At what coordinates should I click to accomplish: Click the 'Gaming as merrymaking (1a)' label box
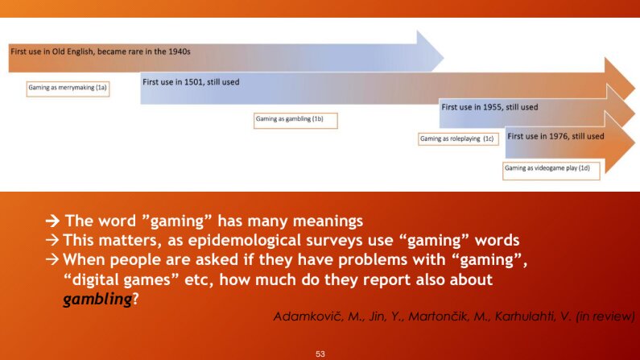(68, 89)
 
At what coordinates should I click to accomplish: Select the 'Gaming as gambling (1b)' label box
(295, 121)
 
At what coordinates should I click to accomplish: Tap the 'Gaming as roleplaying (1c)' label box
(458, 139)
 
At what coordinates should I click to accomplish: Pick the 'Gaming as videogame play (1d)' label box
(551, 170)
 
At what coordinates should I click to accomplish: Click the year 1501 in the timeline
(193, 82)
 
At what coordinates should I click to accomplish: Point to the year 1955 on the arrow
(493, 107)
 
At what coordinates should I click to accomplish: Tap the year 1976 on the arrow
(559, 136)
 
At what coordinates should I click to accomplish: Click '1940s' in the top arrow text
(180, 52)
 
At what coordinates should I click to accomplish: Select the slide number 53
(320, 354)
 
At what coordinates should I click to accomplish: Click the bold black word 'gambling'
(97, 299)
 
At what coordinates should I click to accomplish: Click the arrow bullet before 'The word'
(52, 221)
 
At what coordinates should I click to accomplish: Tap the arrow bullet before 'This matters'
(52, 240)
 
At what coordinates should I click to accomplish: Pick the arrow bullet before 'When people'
(52, 259)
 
